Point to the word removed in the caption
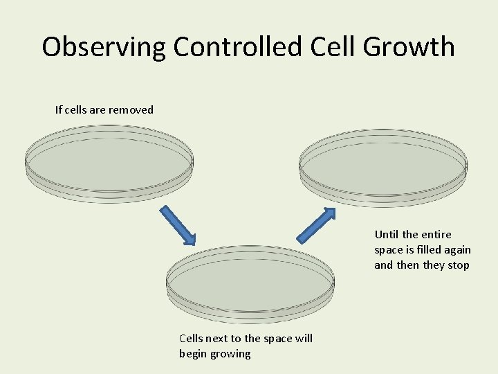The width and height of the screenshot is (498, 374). coord(131,109)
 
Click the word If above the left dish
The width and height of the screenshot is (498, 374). coord(59,109)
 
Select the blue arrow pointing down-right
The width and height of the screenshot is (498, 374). coord(178,225)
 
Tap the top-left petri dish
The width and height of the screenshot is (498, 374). coord(109,164)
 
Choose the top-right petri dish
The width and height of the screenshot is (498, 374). coord(382,168)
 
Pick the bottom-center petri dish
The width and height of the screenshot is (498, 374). coord(250,285)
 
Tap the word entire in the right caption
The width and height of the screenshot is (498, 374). coord(436,235)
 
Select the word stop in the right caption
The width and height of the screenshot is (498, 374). coord(458,265)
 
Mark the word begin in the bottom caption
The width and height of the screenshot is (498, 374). coord(194,354)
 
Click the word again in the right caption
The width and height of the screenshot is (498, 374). coord(456,250)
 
